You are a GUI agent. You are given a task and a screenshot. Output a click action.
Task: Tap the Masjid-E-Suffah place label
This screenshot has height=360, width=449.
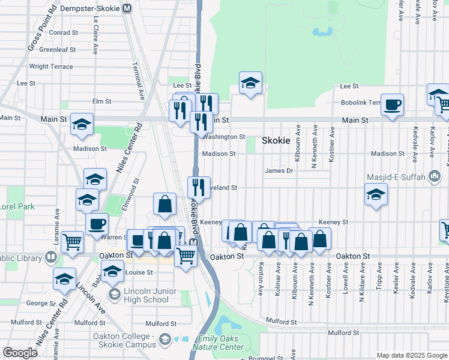pos(397,177)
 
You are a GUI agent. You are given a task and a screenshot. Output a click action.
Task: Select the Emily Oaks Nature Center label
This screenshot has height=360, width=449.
pos(215,343)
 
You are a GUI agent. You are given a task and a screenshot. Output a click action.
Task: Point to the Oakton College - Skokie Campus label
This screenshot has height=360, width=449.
pos(124,340)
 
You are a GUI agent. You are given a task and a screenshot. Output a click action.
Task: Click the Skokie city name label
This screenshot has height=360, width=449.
pos(276,140)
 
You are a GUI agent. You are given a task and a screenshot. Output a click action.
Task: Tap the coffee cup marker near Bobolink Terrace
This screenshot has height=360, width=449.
pos(392,105)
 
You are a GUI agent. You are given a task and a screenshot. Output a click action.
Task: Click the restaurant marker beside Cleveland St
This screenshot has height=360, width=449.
pos(199,188)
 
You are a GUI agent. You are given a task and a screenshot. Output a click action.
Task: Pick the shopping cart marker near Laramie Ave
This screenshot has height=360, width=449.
pos(72,242)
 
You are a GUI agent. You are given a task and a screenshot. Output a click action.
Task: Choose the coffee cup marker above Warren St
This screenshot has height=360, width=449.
pos(97,225)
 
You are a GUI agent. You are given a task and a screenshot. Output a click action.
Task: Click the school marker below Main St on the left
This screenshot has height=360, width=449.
pos(82,124)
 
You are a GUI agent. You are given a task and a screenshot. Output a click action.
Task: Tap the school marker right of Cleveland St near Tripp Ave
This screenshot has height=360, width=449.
pos(376,194)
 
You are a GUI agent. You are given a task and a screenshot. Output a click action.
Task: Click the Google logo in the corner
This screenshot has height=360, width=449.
pos(20,353)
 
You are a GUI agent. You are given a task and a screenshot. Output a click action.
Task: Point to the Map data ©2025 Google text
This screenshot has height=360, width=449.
pos(411,355)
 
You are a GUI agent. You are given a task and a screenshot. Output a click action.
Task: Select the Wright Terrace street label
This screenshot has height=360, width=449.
pos(51,67)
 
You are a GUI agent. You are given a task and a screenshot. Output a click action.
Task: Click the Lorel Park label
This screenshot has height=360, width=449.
pos(17,206)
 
